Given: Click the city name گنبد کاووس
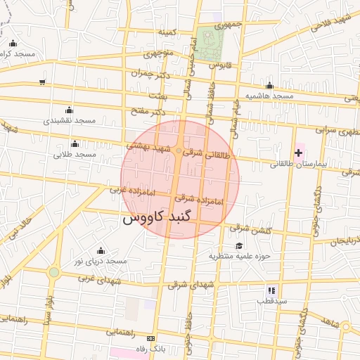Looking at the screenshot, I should coord(153,217).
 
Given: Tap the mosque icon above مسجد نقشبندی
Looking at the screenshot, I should coord(69,110).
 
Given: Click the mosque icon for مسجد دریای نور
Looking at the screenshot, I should coord(101,250).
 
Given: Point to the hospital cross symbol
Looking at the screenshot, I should coord(298,153).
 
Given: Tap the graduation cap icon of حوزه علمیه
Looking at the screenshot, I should coord(239,245).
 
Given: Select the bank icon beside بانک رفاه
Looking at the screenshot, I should coord(149,338).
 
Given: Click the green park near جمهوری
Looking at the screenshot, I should coord(207,44).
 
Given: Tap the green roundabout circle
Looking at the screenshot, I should coord(54,272).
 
